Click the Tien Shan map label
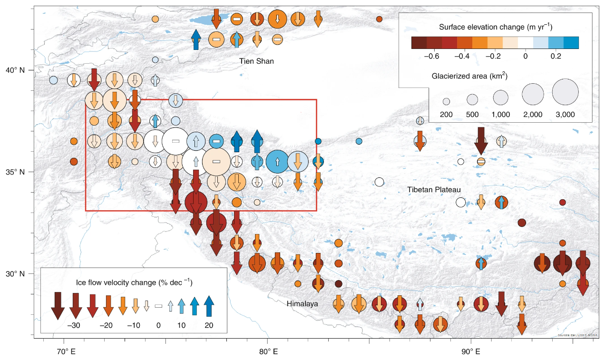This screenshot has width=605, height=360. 257,61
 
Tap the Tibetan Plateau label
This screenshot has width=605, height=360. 434,190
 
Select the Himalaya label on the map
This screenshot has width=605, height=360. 302,303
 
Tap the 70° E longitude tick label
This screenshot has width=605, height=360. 64,352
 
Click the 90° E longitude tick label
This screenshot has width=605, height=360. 470,352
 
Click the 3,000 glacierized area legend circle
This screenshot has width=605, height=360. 565,92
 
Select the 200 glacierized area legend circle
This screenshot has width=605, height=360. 446,101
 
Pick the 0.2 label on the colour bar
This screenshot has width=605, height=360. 555,56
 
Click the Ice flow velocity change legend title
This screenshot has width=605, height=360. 134,282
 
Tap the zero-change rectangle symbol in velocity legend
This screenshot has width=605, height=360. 158,306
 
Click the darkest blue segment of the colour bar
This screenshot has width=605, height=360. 570,43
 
